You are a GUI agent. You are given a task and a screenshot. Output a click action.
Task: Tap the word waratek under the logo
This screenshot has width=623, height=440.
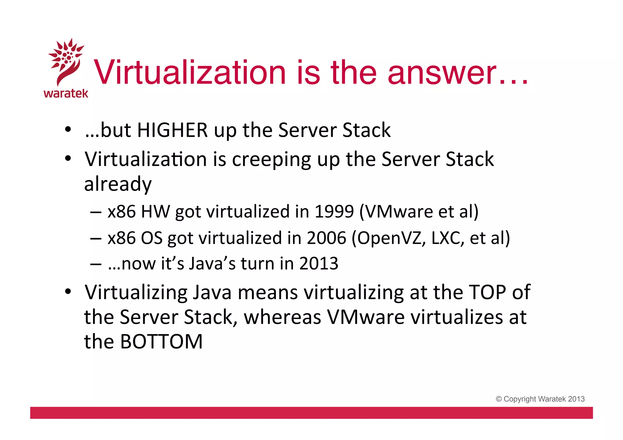point(66,93)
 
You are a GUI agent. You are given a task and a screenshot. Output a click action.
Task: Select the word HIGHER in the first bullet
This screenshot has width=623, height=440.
point(172,130)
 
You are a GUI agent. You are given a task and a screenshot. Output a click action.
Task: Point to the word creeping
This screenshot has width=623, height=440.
point(271,159)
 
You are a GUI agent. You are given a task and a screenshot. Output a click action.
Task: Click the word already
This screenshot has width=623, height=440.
point(118,184)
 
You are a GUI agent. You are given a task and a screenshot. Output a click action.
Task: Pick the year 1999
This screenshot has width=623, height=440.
point(334,211)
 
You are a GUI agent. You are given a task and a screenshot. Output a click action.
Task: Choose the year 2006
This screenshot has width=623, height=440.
point(326,238)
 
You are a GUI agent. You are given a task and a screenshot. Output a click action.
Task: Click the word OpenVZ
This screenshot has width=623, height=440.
point(388,238)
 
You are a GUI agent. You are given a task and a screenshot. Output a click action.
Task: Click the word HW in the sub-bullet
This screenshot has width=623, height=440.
point(155,211)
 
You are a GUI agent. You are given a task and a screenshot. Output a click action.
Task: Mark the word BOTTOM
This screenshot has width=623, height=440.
point(161,341)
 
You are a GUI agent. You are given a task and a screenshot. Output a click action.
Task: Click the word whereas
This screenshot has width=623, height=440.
point(282,317)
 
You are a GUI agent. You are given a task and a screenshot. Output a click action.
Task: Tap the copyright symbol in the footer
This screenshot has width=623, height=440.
point(499,399)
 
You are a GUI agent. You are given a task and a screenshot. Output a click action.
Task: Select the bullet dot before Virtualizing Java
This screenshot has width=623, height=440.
point(68,292)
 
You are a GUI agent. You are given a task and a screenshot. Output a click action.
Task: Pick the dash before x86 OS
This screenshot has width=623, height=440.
point(96,238)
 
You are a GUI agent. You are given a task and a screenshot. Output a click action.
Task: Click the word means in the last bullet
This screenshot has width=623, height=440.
point(268,292)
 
